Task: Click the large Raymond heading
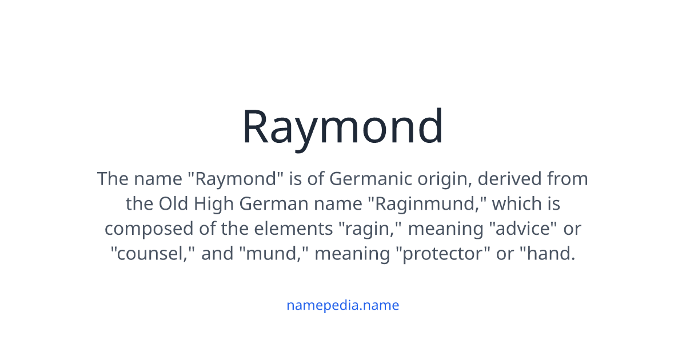342,127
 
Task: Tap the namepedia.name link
342,305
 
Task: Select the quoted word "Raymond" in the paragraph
237,179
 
